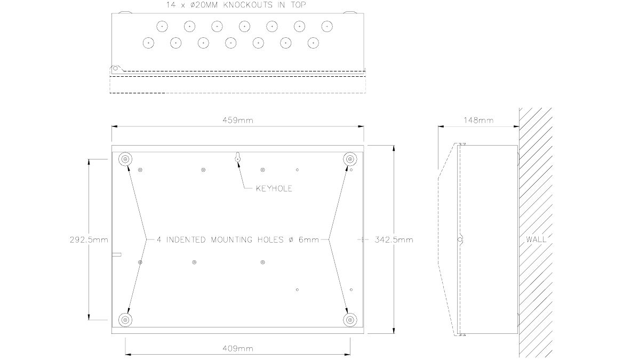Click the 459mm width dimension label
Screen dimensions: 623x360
tap(238, 120)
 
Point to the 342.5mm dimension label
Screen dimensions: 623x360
tap(394, 240)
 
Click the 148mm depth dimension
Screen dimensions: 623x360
tap(478, 121)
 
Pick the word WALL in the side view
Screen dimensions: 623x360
tap(536, 239)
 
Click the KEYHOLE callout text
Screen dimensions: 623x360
tap(274, 188)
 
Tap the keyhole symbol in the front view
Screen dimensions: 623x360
tap(238, 157)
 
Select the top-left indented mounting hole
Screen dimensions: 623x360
tap(125, 159)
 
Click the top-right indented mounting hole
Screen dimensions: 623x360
tap(350, 159)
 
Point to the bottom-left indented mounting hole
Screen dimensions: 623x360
tap(125, 320)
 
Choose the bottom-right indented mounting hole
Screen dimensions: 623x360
tap(350, 320)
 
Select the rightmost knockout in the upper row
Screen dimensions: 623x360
tap(327, 26)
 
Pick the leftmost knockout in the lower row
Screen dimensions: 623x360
tap(148, 43)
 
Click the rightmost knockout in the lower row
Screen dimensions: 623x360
tap(314, 43)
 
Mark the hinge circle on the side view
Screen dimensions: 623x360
tap(460, 240)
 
